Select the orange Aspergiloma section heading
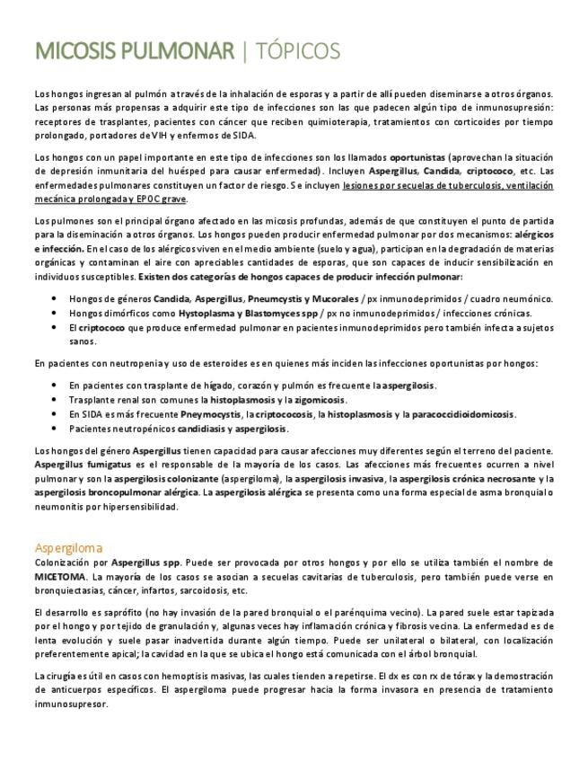click(68, 547)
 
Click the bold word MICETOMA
click(60, 577)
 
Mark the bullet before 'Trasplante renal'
click(55, 400)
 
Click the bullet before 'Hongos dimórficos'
click(55, 313)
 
